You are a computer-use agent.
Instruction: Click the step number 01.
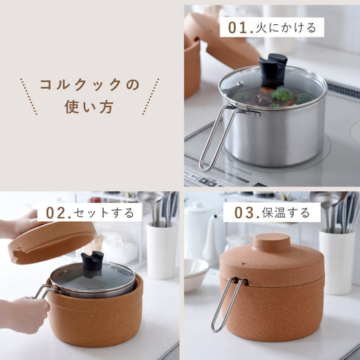point(240,28)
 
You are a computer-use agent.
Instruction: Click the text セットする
point(106,213)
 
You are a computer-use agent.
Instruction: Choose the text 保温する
point(287,213)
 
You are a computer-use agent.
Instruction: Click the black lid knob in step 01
point(273,71)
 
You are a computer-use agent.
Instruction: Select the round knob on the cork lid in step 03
point(271,242)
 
